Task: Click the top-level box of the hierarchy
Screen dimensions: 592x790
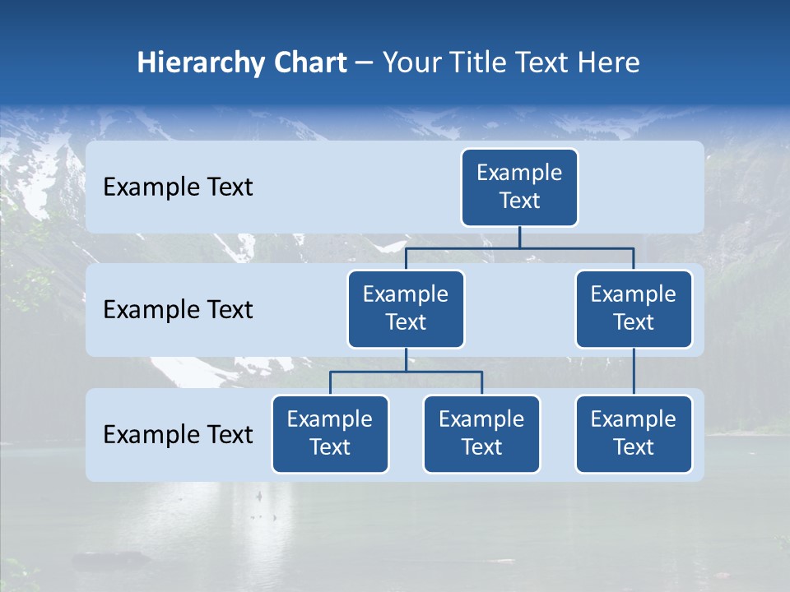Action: click(519, 187)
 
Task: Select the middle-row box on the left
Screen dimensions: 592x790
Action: click(406, 308)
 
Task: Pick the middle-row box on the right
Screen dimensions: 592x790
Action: click(634, 308)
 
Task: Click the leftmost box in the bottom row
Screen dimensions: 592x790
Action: click(330, 433)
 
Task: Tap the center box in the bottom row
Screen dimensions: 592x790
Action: click(481, 433)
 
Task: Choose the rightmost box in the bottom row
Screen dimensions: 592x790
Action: click(634, 433)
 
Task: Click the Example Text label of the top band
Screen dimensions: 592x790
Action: click(178, 187)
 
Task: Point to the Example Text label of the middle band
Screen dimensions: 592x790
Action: click(178, 310)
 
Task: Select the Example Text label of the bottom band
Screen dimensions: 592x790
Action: click(178, 434)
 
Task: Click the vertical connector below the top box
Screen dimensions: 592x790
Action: click(519, 237)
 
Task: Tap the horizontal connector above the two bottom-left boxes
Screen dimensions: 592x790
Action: click(444, 372)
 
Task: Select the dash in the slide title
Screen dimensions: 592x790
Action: click(365, 63)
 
